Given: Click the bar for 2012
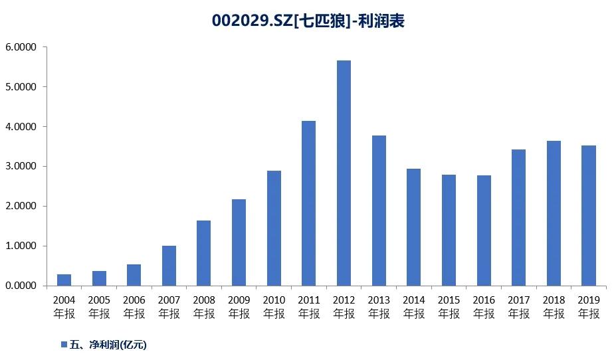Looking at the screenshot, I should (344, 173).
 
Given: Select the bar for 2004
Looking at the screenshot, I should (64, 280).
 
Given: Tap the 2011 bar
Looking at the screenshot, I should (308, 203).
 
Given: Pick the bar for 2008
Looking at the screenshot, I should (204, 253).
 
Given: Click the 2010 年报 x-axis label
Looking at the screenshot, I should (274, 307).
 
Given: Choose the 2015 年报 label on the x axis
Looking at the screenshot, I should (449, 307).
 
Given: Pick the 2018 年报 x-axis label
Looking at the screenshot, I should (554, 307).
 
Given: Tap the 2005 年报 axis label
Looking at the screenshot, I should (99, 307).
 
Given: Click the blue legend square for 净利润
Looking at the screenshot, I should (64, 344).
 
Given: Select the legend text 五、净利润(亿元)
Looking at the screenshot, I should (108, 344).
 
